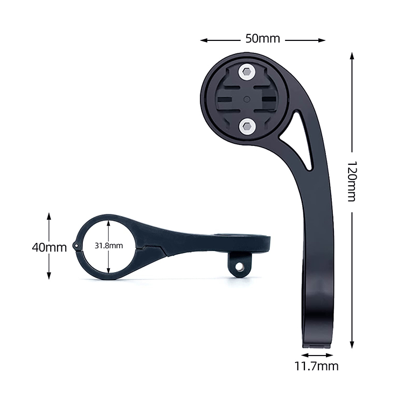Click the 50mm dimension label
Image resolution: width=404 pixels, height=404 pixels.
click(262, 39)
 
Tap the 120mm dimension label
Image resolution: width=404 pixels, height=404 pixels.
click(351, 182)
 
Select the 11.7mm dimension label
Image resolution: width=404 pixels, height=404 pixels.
click(316, 366)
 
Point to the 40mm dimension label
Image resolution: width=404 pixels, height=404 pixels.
click(49, 248)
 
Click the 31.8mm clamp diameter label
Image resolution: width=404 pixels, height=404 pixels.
click(109, 246)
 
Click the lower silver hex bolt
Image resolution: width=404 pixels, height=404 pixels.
click(247, 127)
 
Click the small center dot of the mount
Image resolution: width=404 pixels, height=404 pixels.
click(247, 99)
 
